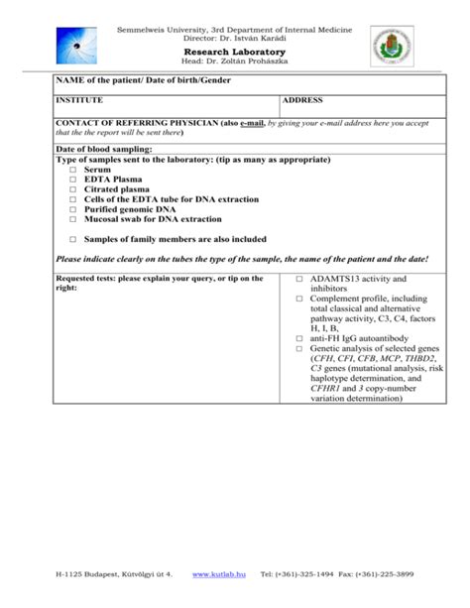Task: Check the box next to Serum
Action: click(x=73, y=170)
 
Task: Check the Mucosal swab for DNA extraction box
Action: click(x=73, y=219)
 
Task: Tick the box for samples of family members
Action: click(x=73, y=239)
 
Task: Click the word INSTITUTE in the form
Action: click(x=81, y=101)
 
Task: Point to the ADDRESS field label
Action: click(x=306, y=101)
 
